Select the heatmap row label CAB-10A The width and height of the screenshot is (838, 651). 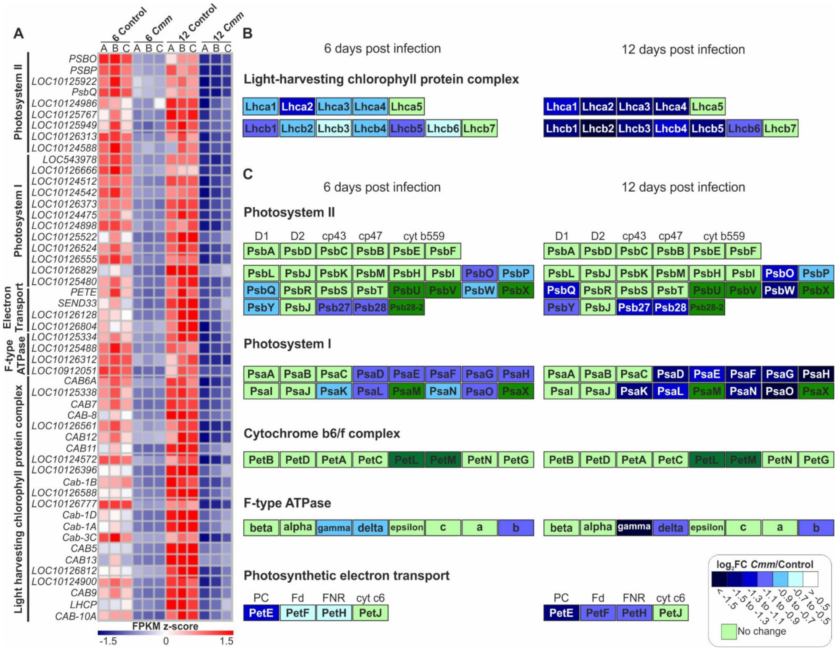click(x=76, y=616)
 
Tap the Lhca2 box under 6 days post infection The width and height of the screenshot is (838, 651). click(x=297, y=107)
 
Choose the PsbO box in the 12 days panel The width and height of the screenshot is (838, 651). click(x=779, y=273)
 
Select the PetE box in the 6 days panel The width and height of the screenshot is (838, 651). click(x=261, y=613)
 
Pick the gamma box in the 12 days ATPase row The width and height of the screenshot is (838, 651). click(x=634, y=527)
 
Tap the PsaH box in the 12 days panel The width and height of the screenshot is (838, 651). click(x=816, y=374)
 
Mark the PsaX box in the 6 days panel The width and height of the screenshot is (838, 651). click(x=516, y=391)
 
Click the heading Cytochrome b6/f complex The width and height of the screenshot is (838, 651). click(x=322, y=434)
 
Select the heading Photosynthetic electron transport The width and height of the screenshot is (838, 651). click(x=346, y=575)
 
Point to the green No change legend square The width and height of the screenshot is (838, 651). click(x=728, y=631)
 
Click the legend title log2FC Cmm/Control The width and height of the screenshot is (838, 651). click(x=764, y=564)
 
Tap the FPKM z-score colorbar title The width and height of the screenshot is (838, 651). click(x=165, y=626)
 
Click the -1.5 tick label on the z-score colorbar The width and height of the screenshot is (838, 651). click(x=108, y=641)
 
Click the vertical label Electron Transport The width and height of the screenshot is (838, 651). click(x=13, y=307)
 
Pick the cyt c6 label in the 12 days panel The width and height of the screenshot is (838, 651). click(x=670, y=598)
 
